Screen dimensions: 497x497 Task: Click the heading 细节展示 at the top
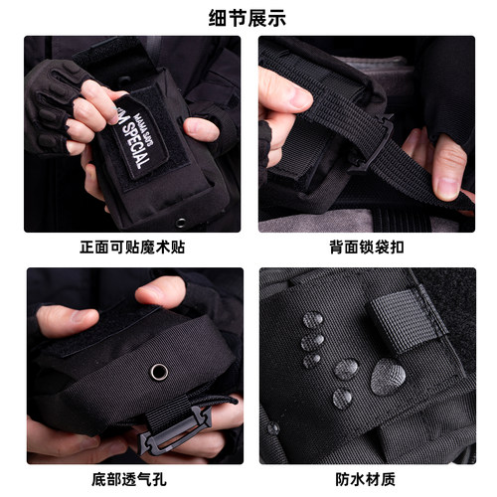pyautogui.click(x=248, y=17)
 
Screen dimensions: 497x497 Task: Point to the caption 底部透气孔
pyautogui.click(x=133, y=477)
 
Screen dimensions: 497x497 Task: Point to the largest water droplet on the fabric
pyautogui.click(x=389, y=377)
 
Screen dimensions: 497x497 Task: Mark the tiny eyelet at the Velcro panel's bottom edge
pyautogui.click(x=180, y=221)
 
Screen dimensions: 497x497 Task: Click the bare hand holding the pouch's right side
pyautogui.click(x=199, y=129)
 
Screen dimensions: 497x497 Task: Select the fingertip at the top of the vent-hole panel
pyautogui.click(x=160, y=291)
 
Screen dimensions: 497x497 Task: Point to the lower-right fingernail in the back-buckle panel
pyautogui.click(x=448, y=184)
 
